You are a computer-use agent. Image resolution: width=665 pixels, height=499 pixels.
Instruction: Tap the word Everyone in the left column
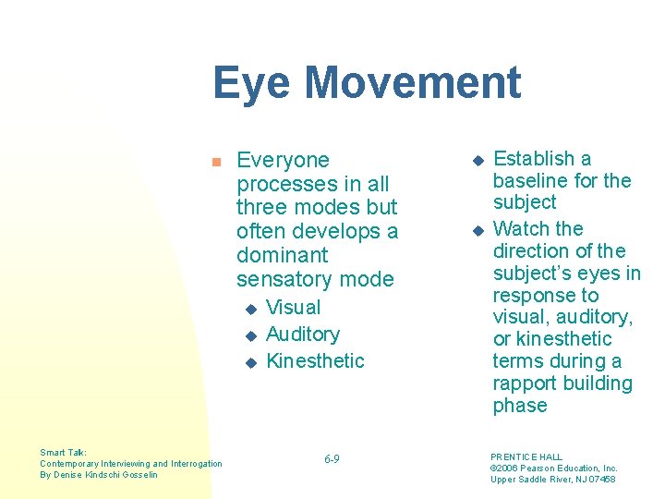click(283, 160)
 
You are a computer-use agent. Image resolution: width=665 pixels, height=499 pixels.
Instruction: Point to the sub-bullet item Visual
click(293, 308)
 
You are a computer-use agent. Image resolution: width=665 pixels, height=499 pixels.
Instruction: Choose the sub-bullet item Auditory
click(302, 335)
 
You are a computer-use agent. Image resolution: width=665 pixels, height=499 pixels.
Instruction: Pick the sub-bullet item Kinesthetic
click(315, 360)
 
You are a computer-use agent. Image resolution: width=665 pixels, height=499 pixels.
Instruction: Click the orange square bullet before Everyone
click(215, 162)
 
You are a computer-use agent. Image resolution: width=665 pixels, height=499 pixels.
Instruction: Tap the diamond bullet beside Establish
click(478, 160)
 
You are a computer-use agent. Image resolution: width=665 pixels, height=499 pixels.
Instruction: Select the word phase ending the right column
click(520, 406)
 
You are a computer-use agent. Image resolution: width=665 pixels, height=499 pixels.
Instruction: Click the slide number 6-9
click(332, 459)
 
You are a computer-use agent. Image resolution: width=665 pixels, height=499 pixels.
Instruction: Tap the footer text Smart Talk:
click(63, 453)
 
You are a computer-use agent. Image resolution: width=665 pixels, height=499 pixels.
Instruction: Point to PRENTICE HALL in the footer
click(526, 457)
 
